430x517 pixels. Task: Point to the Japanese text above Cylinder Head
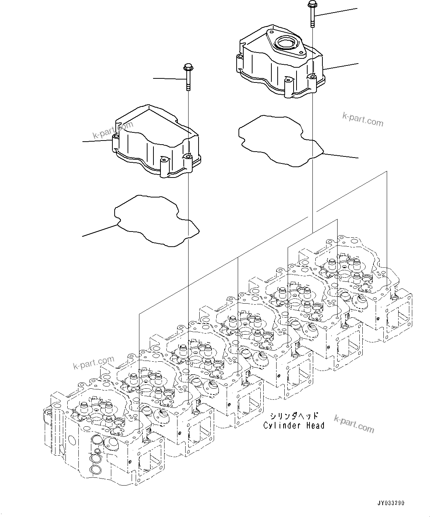coord(294,416)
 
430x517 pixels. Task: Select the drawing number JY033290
coord(391,503)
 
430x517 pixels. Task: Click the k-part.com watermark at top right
coord(362,120)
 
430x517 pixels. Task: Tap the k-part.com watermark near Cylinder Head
coord(354,423)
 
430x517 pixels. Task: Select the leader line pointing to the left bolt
coord(168,79)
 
